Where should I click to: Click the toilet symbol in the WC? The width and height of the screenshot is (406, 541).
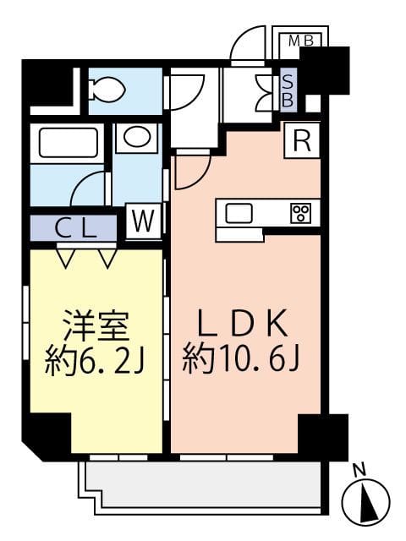(x=106, y=87)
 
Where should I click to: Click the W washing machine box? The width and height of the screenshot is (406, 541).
(x=144, y=221)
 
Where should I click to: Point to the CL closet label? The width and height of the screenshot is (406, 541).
(x=75, y=227)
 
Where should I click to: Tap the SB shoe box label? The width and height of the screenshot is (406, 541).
(x=288, y=88)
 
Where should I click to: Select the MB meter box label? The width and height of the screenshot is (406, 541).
(x=299, y=40)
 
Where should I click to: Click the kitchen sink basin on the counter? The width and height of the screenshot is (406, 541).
(x=239, y=213)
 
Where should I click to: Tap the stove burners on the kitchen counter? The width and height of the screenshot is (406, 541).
(x=300, y=213)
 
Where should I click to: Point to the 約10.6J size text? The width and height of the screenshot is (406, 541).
(x=241, y=361)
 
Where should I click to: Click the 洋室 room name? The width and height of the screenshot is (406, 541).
(x=96, y=325)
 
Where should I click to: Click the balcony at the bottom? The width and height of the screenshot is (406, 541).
(x=203, y=488)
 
